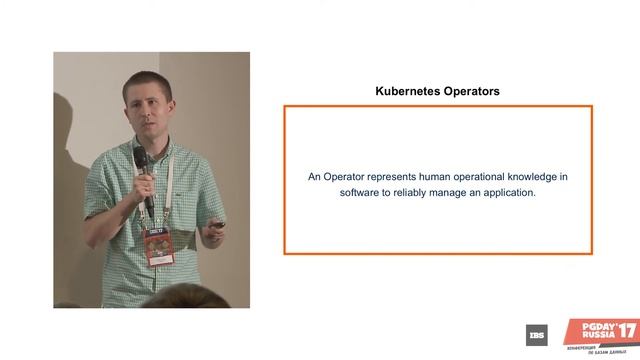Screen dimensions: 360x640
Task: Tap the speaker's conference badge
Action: click(157, 243)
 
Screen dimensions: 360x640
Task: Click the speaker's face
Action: click(148, 112)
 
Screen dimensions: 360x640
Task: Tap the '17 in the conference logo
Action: click(625, 329)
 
